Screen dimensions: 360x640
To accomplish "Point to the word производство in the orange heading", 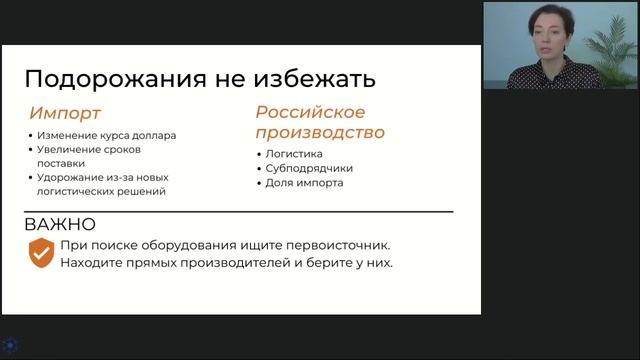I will pos(320,132).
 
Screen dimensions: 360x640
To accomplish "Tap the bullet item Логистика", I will pos(294,154).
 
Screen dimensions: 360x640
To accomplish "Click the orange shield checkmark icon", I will pos(40,253).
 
